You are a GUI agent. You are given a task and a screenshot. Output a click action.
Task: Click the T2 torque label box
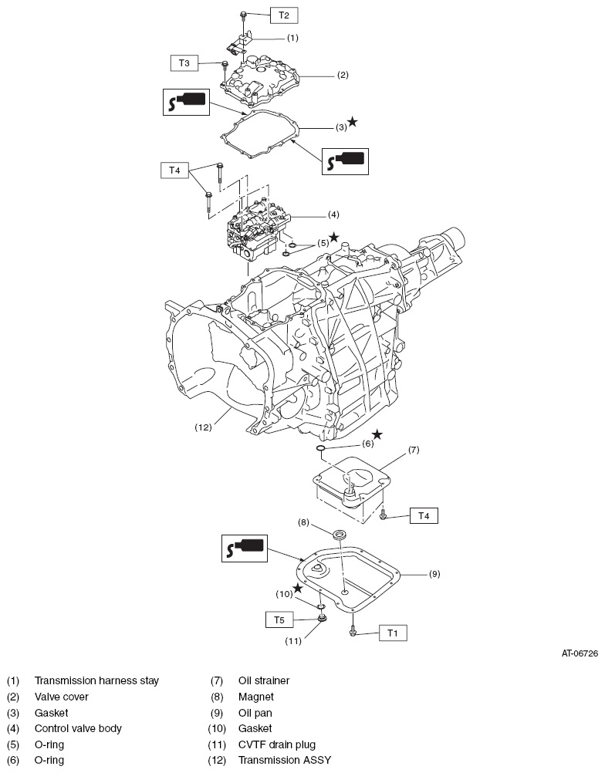[283, 15]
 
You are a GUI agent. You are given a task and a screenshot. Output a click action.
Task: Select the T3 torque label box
[184, 63]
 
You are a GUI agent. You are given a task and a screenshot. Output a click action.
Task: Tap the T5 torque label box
[279, 619]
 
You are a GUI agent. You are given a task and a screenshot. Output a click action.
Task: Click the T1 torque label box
[393, 633]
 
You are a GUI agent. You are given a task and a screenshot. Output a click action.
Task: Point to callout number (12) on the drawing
[203, 427]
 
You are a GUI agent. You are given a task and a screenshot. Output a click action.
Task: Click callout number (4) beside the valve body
[334, 215]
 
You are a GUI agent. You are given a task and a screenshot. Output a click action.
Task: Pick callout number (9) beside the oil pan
[434, 574]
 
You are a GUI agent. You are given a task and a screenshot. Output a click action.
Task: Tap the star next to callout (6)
[377, 434]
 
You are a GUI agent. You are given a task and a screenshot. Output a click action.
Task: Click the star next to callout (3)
[353, 121]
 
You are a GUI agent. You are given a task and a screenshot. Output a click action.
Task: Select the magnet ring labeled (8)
[339, 535]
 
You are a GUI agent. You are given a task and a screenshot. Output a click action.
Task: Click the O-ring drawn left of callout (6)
[320, 447]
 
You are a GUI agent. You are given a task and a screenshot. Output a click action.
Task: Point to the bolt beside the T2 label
[243, 17]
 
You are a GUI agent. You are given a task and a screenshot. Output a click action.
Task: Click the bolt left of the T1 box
[353, 632]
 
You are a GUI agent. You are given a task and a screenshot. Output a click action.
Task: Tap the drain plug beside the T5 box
[322, 618]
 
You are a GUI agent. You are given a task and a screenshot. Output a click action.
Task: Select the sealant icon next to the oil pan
[245, 549]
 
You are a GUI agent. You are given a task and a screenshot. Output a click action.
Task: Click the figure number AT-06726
[580, 653]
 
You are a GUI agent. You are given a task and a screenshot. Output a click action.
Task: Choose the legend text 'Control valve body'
[78, 728]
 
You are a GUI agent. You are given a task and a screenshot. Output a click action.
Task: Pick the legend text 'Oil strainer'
[264, 681]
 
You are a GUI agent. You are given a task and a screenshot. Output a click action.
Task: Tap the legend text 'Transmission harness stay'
[96, 681]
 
